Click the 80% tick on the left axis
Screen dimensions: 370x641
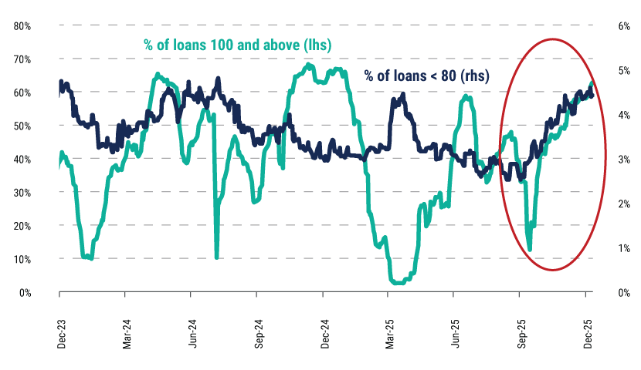(x=22, y=25)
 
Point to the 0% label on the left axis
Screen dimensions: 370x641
(x=24, y=293)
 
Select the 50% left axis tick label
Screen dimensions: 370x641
(x=22, y=126)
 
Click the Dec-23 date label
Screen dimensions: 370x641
(x=61, y=333)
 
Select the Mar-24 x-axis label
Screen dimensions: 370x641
(x=127, y=333)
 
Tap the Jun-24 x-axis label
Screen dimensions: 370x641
(x=193, y=333)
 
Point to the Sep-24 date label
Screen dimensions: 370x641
(x=259, y=333)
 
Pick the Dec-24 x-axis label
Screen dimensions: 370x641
(x=324, y=333)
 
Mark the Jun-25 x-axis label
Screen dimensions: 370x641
(x=456, y=333)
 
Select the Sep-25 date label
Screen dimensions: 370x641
(x=521, y=333)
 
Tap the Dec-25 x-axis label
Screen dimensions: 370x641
(x=587, y=333)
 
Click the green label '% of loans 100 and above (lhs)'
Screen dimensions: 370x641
(x=237, y=45)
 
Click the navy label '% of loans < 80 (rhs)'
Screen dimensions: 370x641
(x=432, y=76)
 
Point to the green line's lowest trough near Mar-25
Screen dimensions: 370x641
(x=398, y=283)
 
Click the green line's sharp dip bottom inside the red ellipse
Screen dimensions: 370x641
(x=530, y=249)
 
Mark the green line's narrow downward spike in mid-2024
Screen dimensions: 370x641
(x=216, y=257)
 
